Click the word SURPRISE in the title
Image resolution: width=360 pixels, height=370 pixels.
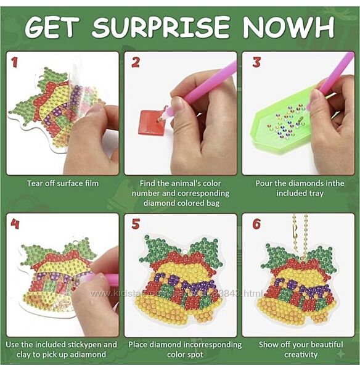pos(160,27)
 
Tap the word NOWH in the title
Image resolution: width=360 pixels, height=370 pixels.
pos(288,27)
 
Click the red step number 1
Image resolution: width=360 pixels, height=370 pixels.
pos(15,62)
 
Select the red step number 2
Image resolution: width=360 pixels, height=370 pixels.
pos(136,62)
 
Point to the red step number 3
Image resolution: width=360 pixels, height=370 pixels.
pos(256,62)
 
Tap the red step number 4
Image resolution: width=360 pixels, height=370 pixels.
pos(15,224)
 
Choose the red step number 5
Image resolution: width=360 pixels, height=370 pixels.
pos(136,224)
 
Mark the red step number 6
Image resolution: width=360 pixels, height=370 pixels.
pos(256,224)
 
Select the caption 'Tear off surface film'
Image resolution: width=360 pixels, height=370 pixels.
pos(63,183)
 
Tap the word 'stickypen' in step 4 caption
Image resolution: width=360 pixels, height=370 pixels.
pos(85,345)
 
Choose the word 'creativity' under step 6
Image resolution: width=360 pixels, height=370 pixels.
pos(301,355)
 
